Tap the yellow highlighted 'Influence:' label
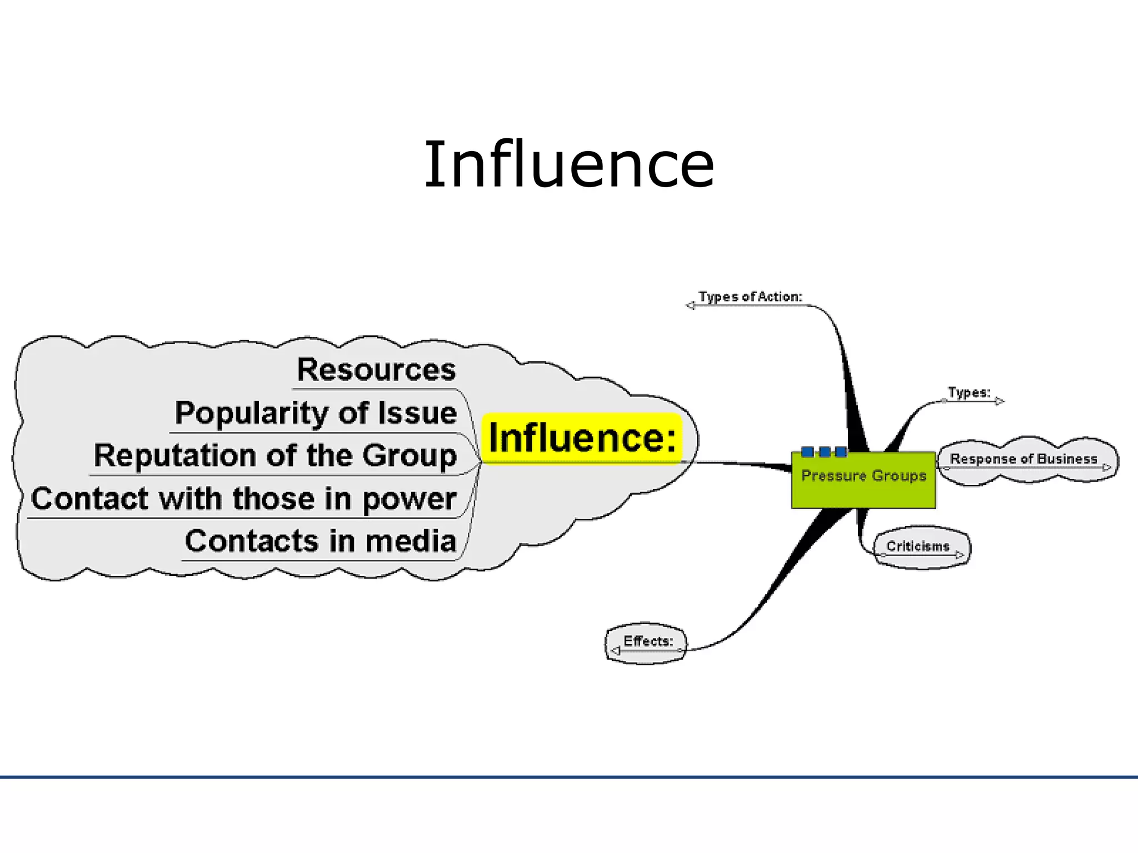tap(582, 438)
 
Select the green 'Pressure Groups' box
tap(864, 480)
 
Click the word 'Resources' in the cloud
tap(376, 370)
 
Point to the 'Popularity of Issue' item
tap(316, 413)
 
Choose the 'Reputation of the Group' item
tap(275, 456)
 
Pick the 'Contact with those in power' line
tap(243, 499)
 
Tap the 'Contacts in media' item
tap(321, 541)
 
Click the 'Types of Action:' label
tap(750, 297)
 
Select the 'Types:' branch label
tap(969, 393)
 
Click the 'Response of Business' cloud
tap(1024, 459)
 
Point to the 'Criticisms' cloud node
tap(918, 546)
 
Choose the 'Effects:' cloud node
tap(648, 641)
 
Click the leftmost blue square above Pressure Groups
tap(808, 451)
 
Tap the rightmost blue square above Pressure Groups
tap(841, 451)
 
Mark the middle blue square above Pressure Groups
tap(825, 451)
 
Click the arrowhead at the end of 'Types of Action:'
tap(690, 305)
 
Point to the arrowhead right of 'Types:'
tap(999, 401)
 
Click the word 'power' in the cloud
tap(409, 499)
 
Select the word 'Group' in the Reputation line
tap(410, 456)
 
